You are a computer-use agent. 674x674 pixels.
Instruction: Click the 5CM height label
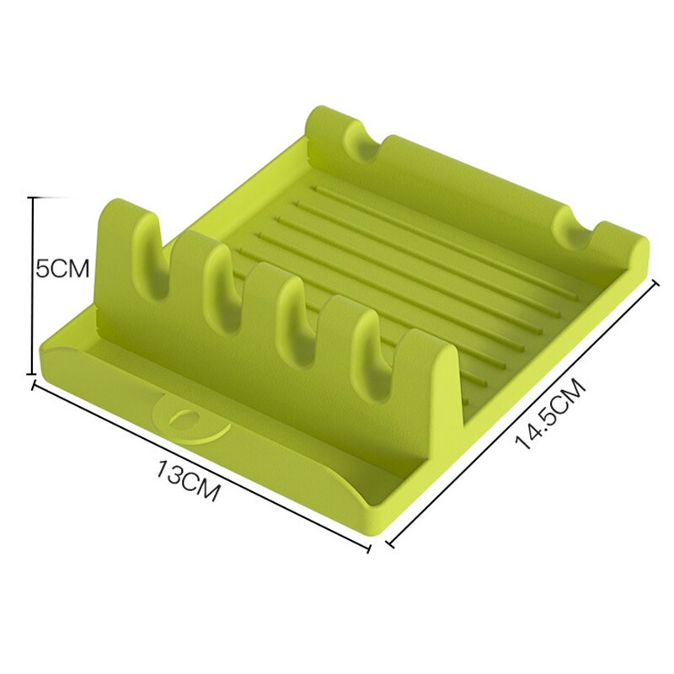[62, 270]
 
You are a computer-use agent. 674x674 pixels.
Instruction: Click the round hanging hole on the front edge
[183, 418]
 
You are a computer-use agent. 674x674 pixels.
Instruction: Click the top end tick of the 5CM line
[34, 197]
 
